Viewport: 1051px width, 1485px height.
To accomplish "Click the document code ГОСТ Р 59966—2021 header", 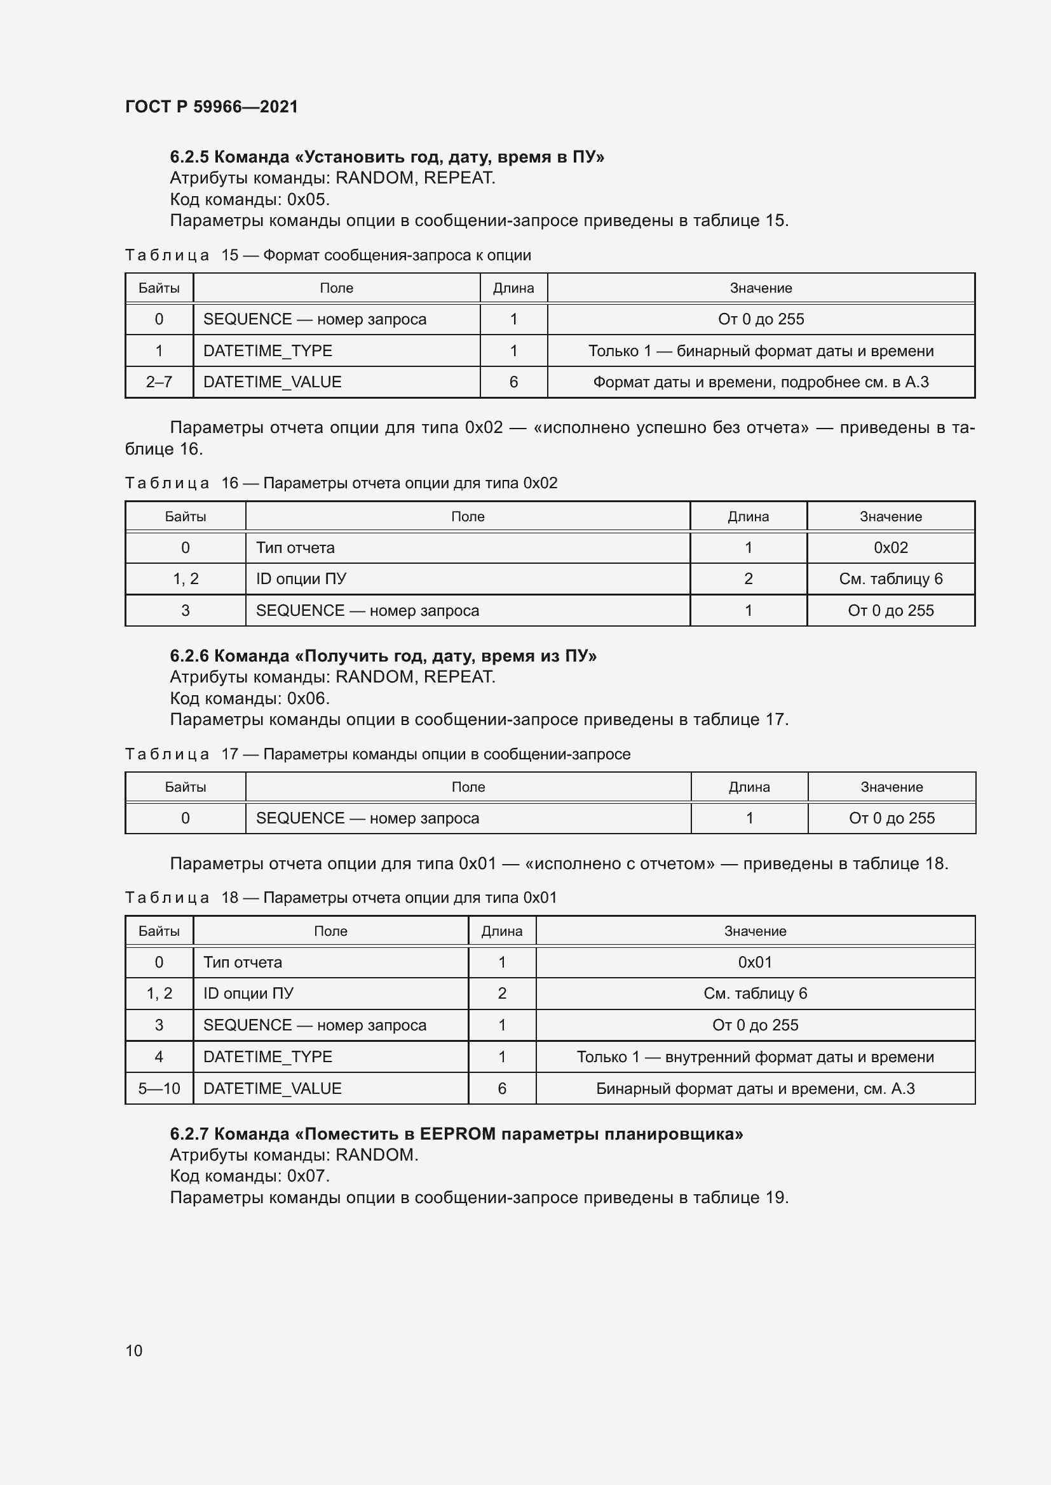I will coord(211,107).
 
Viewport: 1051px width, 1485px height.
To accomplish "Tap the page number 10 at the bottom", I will coord(133,1350).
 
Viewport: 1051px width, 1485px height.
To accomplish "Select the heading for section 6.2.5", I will coord(386,157).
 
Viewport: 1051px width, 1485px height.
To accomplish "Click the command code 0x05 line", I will coord(250,199).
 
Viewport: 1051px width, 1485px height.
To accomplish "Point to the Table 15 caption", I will coord(327,255).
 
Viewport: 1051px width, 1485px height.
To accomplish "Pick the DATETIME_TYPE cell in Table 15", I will coord(268,350).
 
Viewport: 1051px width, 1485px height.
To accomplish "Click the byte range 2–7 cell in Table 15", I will coord(159,382).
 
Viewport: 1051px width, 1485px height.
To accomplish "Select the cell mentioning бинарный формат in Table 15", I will coord(761,350).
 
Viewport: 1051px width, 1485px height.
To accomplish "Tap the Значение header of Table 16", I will coord(890,516).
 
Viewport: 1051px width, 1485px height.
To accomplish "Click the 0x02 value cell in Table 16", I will coord(890,547).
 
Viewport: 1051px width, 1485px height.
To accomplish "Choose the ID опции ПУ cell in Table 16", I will coord(301,578).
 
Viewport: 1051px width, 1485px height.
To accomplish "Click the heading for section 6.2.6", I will coord(383,656).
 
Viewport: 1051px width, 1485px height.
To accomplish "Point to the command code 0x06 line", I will coord(250,698).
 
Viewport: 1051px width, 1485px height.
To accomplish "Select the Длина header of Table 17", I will coord(749,787).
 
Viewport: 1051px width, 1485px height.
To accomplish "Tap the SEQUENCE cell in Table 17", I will coord(367,818).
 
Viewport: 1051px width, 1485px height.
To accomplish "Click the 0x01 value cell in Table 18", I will coord(755,962).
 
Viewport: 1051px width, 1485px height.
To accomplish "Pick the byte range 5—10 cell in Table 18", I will coord(159,1088).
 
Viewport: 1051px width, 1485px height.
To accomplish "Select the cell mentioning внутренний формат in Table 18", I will coord(755,1056).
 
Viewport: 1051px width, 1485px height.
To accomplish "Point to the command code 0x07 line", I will coord(250,1176).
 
